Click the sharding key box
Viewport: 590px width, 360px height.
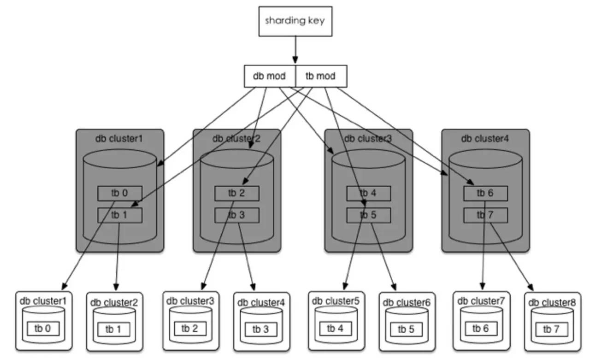pyautogui.click(x=295, y=21)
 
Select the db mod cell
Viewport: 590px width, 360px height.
pyautogui.click(x=269, y=76)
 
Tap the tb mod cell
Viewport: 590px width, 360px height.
pyautogui.click(x=320, y=76)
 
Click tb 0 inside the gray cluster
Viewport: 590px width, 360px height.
pyautogui.click(x=120, y=193)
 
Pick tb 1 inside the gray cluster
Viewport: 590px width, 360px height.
pyautogui.click(x=120, y=215)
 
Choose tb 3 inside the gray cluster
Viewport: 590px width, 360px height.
pyautogui.click(x=237, y=215)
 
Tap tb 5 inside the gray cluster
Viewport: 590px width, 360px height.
pyautogui.click(x=369, y=215)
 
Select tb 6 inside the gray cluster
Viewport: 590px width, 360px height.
pyautogui.click(x=485, y=193)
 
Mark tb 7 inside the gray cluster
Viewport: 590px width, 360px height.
pyautogui.click(x=485, y=215)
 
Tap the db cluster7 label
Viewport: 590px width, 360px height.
pyautogui.click(x=481, y=301)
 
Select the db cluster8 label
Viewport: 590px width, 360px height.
pyautogui.click(x=552, y=303)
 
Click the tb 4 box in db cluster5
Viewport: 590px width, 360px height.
pyautogui.click(x=335, y=328)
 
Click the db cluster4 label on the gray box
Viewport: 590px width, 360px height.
pyautogui.click(x=484, y=138)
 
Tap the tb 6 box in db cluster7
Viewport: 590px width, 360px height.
pyautogui.click(x=481, y=328)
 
